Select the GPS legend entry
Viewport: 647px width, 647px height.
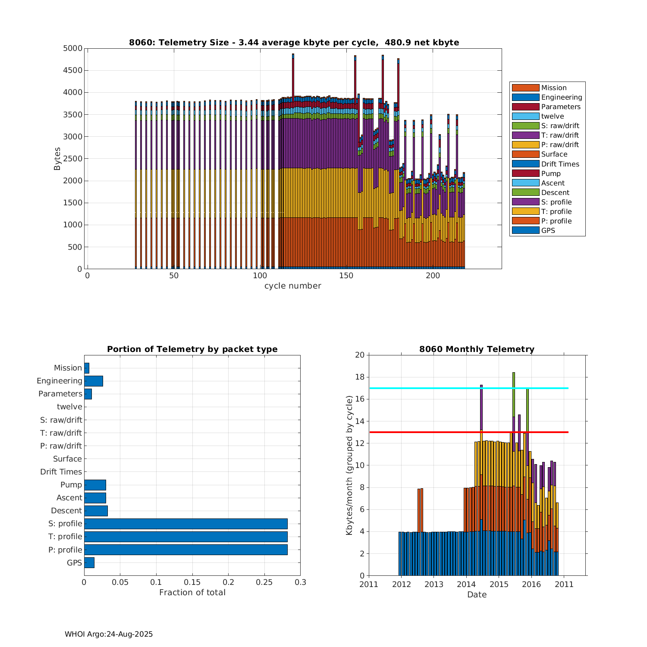click(x=548, y=231)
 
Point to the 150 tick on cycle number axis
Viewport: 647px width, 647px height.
click(x=346, y=276)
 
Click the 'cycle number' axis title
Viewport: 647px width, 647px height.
click(x=292, y=286)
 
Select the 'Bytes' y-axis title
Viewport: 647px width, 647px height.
click(x=57, y=159)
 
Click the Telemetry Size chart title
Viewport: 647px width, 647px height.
click(x=294, y=42)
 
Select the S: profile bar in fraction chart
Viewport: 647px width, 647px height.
click(x=185, y=524)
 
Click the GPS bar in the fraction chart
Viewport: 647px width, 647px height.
click(x=89, y=562)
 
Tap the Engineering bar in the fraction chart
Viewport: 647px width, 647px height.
click(x=94, y=381)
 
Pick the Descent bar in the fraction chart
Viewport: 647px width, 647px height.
click(x=96, y=511)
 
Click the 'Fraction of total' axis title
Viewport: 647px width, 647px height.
click(x=192, y=593)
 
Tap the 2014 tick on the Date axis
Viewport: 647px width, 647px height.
click(x=466, y=584)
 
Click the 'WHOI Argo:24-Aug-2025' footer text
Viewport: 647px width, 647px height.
click(x=109, y=634)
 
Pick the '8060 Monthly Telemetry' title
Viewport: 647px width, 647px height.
click(x=477, y=349)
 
